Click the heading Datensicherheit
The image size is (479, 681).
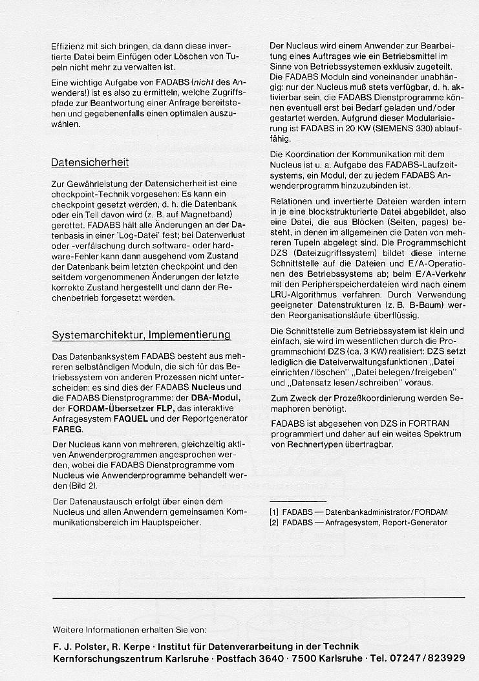[90, 162]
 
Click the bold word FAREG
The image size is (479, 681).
[67, 429]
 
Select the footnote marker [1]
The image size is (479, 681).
[274, 512]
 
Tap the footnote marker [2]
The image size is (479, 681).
[274, 522]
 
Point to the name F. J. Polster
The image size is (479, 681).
[76, 646]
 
